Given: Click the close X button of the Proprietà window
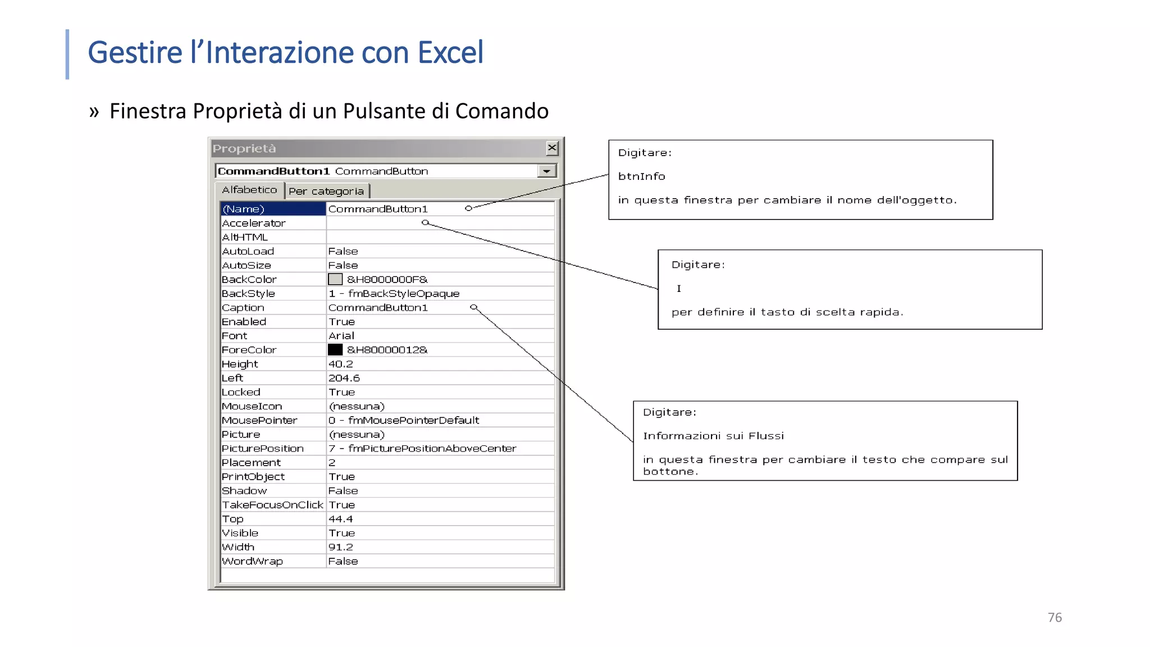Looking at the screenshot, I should tap(552, 148).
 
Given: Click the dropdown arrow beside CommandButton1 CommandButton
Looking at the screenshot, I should tap(546, 171).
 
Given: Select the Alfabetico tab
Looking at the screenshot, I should tap(249, 190).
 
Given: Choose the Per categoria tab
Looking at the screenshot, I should tap(326, 192).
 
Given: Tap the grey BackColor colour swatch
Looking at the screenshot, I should tap(335, 279).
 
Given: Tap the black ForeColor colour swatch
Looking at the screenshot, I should tap(335, 349).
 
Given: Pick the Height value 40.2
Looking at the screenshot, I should tap(341, 364).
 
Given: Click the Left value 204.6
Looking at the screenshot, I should tap(344, 378).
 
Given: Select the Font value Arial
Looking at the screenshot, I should tap(341, 336).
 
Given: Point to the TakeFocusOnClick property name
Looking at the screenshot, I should tap(272, 505).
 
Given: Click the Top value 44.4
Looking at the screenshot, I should tap(341, 519).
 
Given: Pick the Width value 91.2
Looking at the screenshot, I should tap(341, 547).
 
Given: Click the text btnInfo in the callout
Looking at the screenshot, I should tap(641, 176).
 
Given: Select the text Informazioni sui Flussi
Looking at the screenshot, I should tap(713, 436).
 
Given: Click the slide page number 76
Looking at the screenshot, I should tap(1055, 617).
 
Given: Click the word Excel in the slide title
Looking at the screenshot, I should tap(450, 52).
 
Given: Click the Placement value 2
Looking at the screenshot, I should tap(332, 463).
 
